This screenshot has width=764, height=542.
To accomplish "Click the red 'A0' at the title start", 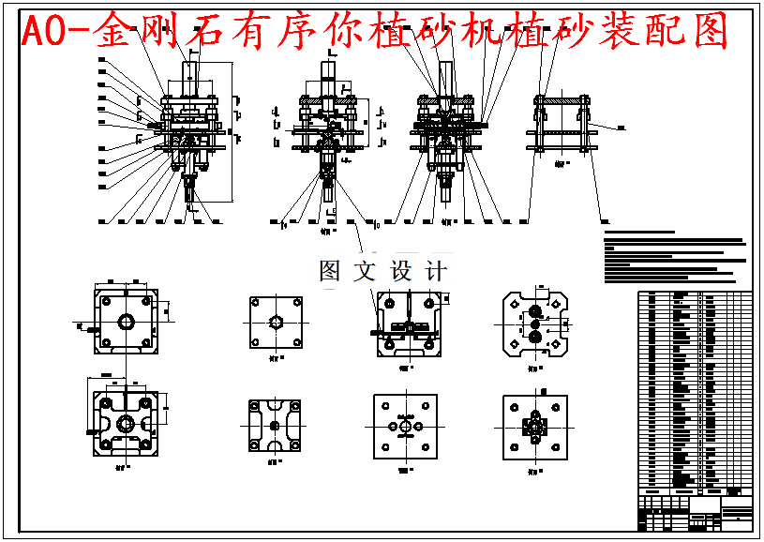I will [43, 33].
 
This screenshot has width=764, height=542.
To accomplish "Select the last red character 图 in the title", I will [710, 33].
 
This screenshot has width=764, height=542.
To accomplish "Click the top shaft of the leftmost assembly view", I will [192, 68].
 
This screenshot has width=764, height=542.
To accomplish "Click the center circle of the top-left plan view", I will [126, 322].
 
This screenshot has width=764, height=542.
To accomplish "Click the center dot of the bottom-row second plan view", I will [275, 425].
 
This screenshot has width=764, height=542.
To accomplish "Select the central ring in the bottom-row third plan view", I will [404, 426].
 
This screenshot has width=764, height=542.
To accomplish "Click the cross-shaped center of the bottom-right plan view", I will [535, 427].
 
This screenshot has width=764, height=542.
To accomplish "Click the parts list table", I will [695, 389].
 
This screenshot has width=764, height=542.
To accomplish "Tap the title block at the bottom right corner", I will [695, 512].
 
